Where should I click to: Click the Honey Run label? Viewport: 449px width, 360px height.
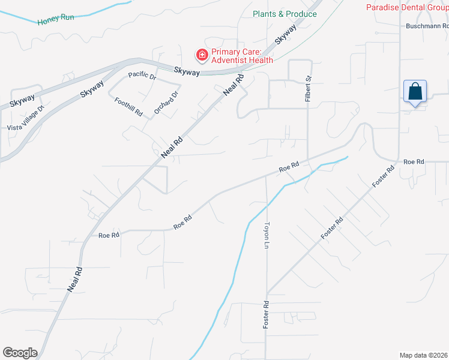point(56,19)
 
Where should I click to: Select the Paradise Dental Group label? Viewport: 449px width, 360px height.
point(407,8)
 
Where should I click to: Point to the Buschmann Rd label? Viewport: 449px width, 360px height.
point(427,26)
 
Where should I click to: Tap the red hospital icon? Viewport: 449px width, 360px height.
point(202,55)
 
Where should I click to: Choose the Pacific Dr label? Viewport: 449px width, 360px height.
point(142,77)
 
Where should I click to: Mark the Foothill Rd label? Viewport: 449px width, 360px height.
point(128,106)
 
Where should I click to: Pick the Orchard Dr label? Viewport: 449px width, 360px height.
point(166,103)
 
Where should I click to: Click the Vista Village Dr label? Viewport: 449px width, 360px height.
point(26,118)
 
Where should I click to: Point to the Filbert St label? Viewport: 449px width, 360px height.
point(308,88)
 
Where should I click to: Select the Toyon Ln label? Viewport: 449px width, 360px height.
point(267,235)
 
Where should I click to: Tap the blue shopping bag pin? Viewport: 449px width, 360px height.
point(415,92)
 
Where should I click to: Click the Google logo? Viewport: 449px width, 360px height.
point(20,353)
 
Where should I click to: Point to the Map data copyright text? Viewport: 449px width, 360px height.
point(424,355)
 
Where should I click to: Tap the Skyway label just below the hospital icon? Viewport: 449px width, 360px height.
point(187,71)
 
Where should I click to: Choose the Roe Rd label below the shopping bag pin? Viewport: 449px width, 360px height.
point(414,162)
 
